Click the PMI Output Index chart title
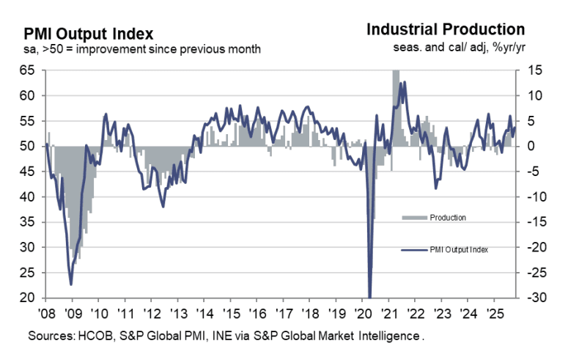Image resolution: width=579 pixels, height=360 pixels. [x=89, y=34]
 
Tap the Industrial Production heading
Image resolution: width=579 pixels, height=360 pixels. [x=445, y=30]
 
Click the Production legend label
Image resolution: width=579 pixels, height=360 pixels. [x=449, y=217]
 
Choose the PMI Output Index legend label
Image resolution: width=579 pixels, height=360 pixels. [x=460, y=249]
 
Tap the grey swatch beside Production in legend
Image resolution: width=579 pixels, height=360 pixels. [x=415, y=217]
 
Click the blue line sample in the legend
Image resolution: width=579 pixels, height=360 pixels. [x=415, y=249]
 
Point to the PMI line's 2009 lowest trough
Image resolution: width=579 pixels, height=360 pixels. [x=71, y=284]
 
